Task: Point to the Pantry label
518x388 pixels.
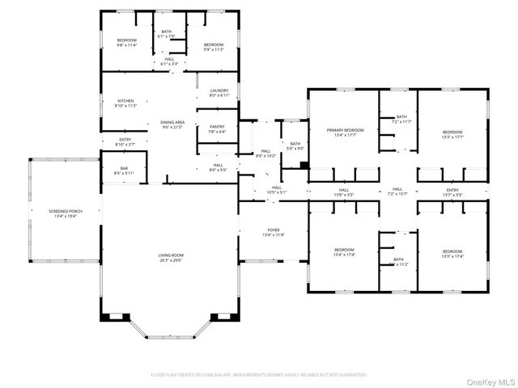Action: [217, 129]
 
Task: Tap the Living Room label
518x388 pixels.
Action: [171, 258]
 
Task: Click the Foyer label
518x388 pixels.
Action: [274, 233]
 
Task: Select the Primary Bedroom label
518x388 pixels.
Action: [345, 133]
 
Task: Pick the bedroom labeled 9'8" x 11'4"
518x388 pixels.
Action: [126, 43]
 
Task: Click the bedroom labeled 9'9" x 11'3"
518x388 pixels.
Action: [213, 47]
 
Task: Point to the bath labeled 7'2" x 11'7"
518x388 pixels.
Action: [402, 119]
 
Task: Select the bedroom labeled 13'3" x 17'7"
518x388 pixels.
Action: [452, 134]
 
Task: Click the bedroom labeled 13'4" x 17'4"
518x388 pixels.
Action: [345, 252]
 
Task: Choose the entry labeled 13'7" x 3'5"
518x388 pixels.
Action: [452, 192]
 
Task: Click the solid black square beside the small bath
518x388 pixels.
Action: [303, 166]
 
